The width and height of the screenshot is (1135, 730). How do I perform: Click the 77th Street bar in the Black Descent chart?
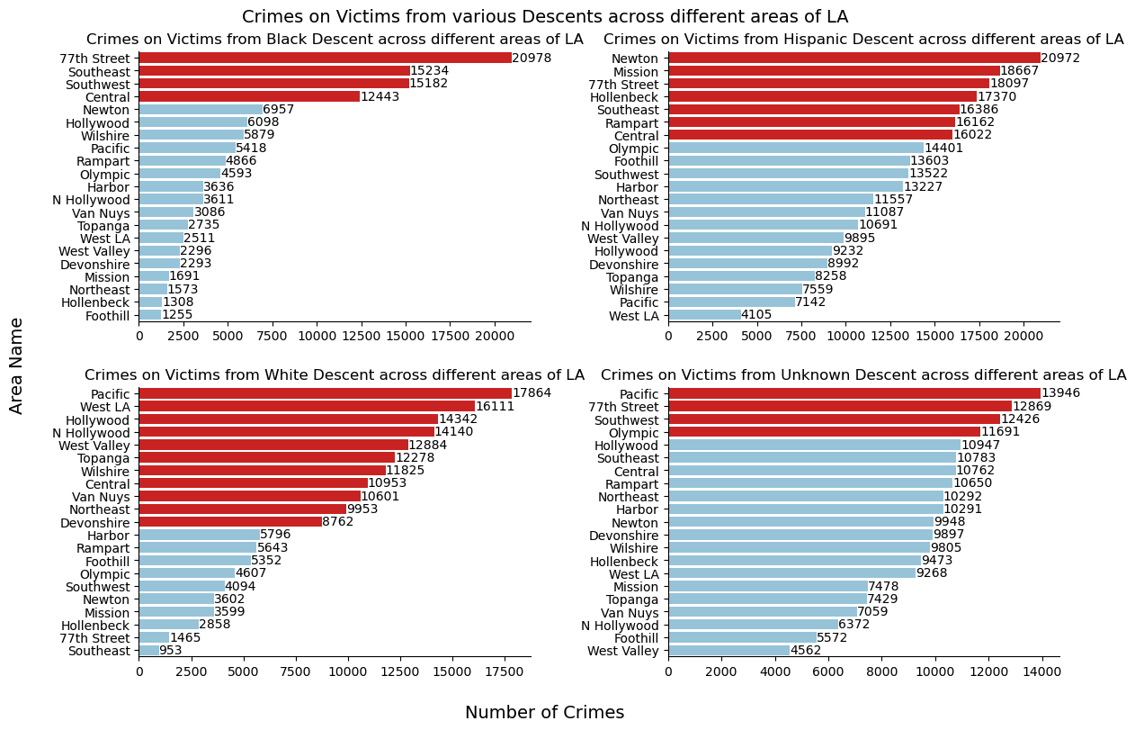click(325, 58)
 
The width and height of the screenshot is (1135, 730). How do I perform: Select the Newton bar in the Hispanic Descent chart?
click(853, 58)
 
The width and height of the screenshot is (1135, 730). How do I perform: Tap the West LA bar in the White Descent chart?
click(307, 407)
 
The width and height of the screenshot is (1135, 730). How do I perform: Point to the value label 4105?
click(756, 315)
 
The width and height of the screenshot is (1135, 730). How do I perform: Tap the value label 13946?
click(1060, 393)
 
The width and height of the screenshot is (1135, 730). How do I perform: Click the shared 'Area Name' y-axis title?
click(17, 366)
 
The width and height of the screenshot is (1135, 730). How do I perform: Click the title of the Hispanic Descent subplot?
click(863, 40)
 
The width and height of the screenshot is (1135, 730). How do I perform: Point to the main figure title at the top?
click(544, 16)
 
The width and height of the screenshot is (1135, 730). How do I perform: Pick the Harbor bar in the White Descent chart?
click(199, 536)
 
